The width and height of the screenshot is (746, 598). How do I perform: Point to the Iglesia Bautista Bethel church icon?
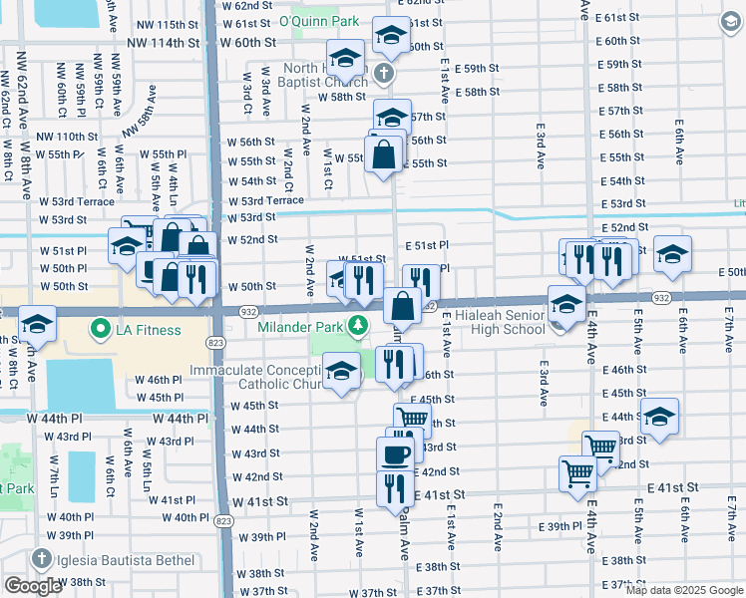pos(41,559)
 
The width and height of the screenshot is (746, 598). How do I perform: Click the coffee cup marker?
pos(395,453)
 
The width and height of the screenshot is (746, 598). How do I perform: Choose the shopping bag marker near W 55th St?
pos(383,154)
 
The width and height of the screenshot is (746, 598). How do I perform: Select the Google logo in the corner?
pos(34,585)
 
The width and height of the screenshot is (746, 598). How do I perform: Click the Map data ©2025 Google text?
pos(684,590)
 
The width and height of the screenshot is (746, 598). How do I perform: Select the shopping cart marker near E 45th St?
pos(412,420)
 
